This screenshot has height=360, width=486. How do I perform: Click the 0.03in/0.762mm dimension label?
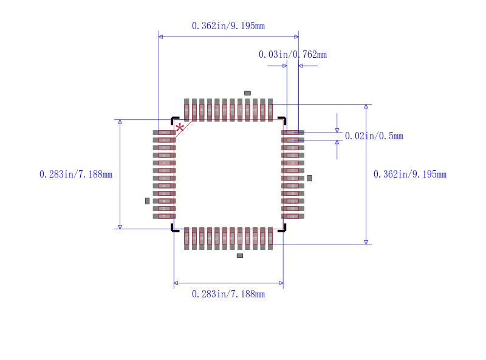(292, 55)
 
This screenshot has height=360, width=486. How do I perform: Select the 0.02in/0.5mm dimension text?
(374, 136)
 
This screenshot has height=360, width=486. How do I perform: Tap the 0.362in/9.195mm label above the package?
(228, 26)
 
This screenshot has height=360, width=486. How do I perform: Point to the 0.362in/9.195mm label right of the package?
(409, 175)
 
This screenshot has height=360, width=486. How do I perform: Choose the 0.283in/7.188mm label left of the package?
(75, 175)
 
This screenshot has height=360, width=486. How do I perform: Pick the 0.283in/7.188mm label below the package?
(228, 294)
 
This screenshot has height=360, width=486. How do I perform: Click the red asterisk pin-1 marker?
(180, 128)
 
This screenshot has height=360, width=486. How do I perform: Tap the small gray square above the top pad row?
(247, 93)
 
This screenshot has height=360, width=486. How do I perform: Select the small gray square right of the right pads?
(309, 178)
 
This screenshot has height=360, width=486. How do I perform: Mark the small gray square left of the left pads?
(147, 201)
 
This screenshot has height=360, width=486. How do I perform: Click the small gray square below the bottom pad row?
(240, 255)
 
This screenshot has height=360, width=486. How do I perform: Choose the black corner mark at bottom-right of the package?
(282, 229)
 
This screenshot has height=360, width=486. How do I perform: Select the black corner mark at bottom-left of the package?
(174, 229)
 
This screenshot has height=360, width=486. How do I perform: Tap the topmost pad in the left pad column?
(164, 133)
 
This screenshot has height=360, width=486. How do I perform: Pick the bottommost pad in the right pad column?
(292, 216)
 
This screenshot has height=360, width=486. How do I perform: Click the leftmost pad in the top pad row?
(187, 110)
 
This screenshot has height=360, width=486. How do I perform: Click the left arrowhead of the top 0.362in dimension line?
(160, 37)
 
